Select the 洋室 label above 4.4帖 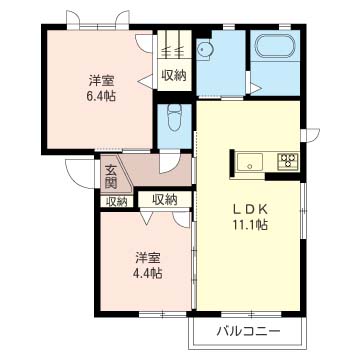point(148,255)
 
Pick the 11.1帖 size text point(248,226)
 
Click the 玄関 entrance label point(110,177)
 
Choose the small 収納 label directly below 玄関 point(117,201)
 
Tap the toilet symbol point(173,117)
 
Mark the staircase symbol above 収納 point(173,45)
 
